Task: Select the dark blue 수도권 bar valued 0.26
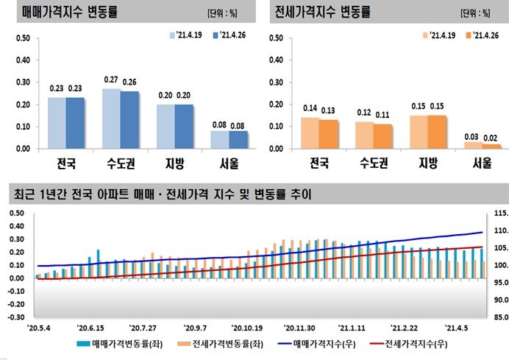[x=129, y=119]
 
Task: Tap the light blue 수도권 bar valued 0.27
[x=111, y=119]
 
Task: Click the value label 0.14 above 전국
[x=310, y=107]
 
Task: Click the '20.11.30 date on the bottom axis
[x=299, y=328]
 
